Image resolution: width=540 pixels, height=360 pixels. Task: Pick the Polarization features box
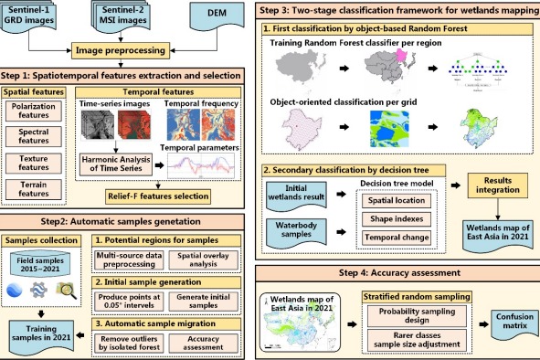point(37,112)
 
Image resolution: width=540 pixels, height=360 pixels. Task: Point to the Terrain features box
point(37,189)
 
